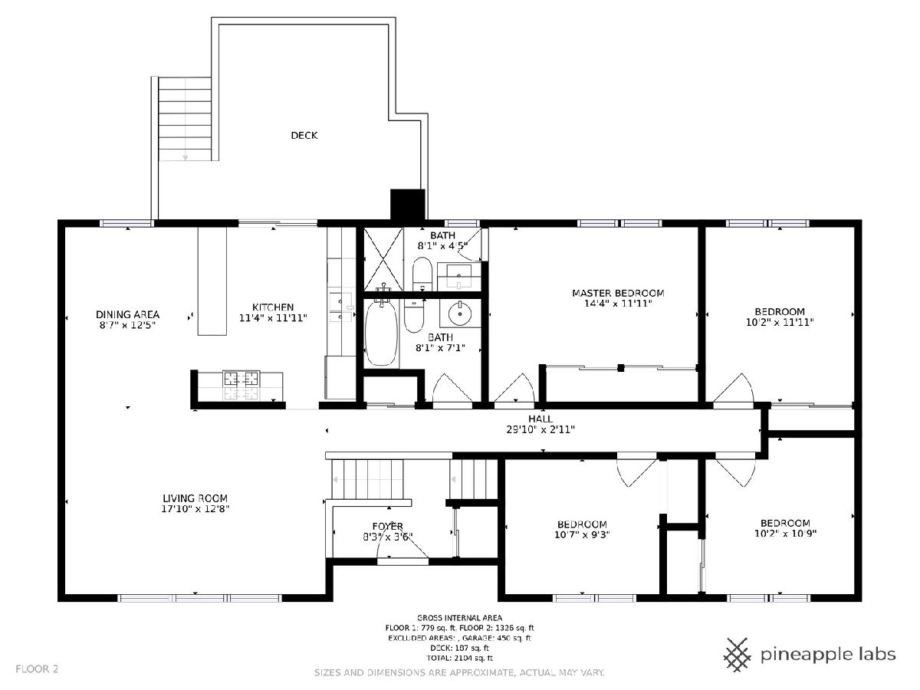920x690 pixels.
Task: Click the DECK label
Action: [x=304, y=136]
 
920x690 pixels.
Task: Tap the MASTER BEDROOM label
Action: [x=618, y=294]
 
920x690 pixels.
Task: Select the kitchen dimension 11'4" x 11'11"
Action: [x=273, y=318]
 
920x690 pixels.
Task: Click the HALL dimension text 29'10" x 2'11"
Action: [x=540, y=429]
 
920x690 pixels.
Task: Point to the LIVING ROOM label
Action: [x=195, y=498]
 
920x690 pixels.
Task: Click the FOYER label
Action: [x=388, y=526]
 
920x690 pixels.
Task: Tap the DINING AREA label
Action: [x=127, y=314]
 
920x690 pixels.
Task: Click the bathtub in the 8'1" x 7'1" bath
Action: [x=381, y=334]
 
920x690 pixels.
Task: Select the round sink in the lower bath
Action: [x=460, y=313]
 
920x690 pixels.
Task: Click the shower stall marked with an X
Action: [x=383, y=259]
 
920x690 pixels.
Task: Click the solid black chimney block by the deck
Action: [x=407, y=204]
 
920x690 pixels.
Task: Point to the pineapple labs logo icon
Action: [x=738, y=655]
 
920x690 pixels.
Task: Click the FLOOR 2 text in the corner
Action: [x=37, y=669]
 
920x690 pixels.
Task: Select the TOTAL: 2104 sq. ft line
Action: [x=459, y=658]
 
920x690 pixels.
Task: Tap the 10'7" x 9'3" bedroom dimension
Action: [x=582, y=534]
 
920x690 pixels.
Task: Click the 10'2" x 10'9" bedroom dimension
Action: [x=786, y=534]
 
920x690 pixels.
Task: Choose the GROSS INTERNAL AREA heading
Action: [x=459, y=617]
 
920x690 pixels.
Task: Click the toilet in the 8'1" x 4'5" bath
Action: [x=422, y=273]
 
